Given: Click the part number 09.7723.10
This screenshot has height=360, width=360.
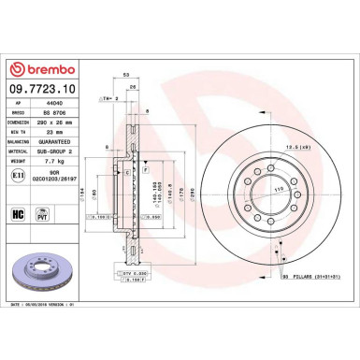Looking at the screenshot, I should tap(42, 90).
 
